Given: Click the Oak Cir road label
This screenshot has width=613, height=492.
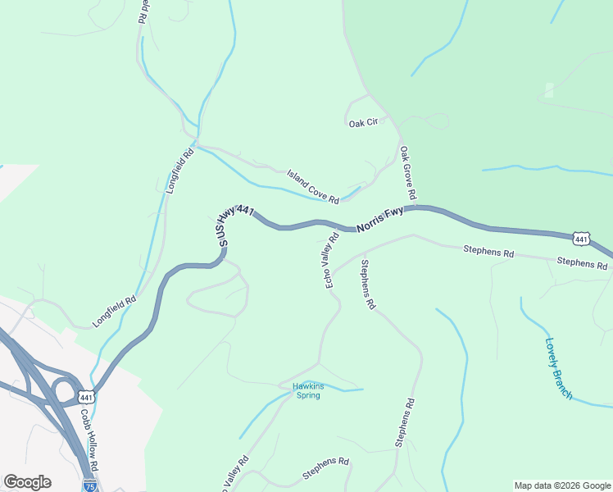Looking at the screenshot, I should tap(363, 123).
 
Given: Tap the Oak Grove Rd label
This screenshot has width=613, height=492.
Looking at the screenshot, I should tap(407, 173).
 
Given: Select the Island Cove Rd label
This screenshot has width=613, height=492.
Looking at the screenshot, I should tap(312, 187).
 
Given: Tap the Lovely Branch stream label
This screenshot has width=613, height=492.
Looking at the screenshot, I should tap(559, 368).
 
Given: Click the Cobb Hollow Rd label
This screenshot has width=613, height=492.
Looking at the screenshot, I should tap(89, 439).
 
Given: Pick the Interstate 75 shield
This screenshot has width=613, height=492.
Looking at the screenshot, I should tap(89, 485).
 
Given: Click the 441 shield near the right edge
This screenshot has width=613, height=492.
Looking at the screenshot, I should tap(580, 239).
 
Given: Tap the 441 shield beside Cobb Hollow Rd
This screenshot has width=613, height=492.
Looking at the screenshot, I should tap(85, 397).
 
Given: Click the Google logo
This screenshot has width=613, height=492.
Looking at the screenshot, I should tap(27, 481).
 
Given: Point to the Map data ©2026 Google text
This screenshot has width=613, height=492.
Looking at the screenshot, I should tap(561, 485).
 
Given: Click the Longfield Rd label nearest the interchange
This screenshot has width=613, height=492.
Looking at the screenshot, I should tap(114, 312).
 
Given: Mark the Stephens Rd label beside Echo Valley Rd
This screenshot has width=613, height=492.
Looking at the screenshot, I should tap(367, 285).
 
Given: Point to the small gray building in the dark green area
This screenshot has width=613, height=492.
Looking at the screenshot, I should tap(549, 90).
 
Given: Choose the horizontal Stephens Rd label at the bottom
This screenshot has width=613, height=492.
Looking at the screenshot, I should tap(325, 469).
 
